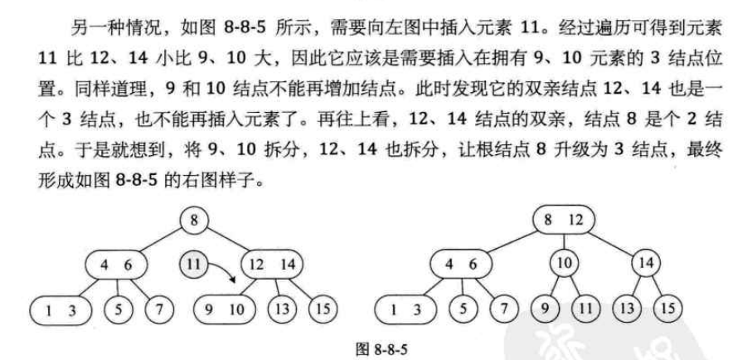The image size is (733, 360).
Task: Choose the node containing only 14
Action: click(x=644, y=265)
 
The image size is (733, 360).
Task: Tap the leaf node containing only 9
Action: click(x=543, y=309)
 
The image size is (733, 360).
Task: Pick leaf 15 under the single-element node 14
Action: click(x=667, y=309)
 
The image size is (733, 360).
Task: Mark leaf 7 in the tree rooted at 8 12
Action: click(x=501, y=309)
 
